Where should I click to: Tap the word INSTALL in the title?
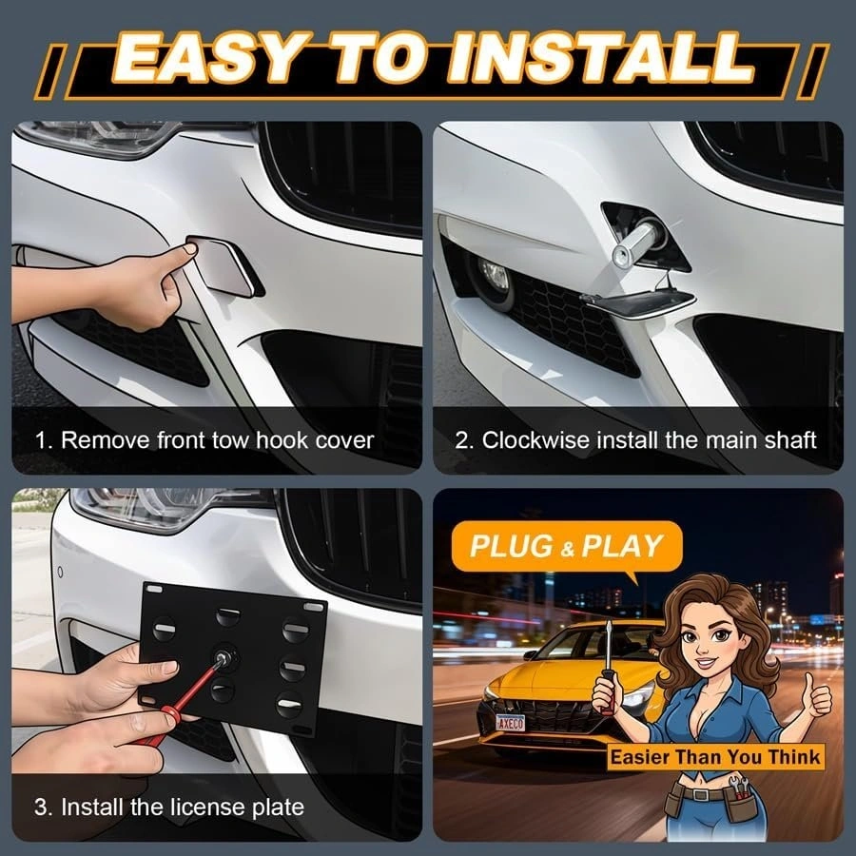[x=600, y=58]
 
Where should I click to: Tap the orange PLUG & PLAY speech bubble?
[x=567, y=547]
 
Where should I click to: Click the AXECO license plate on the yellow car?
[x=511, y=723]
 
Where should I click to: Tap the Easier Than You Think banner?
[x=715, y=757]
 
